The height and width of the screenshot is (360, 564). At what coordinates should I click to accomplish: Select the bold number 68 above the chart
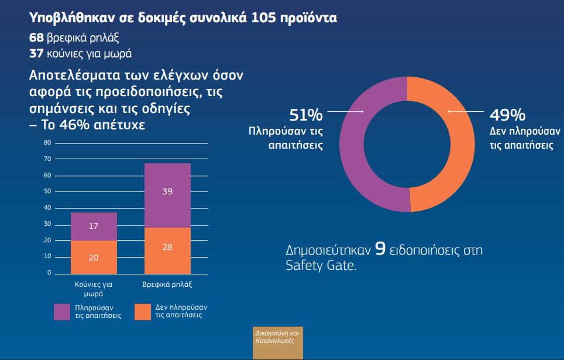pyautogui.click(x=36, y=38)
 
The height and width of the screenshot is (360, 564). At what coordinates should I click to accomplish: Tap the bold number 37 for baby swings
pyautogui.click(x=36, y=55)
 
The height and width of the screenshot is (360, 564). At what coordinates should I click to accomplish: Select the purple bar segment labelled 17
pyautogui.click(x=94, y=227)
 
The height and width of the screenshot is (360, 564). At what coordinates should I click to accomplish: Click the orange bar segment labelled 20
pyautogui.click(x=94, y=257)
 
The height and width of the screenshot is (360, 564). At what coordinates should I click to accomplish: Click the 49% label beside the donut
pyautogui.click(x=508, y=114)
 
